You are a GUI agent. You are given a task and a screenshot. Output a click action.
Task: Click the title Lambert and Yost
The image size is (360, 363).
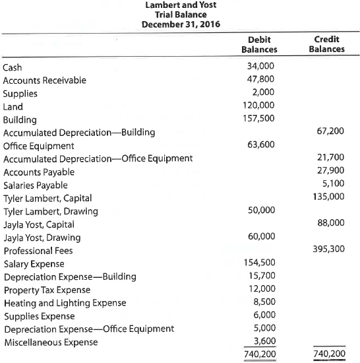(181, 5)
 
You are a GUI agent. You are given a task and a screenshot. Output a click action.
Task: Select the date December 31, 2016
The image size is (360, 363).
(181, 24)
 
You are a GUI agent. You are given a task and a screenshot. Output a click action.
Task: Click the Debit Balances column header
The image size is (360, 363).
(259, 44)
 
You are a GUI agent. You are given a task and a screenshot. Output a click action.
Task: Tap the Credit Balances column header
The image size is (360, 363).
(327, 44)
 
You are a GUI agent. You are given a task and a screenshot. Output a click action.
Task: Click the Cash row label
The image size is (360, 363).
(13, 68)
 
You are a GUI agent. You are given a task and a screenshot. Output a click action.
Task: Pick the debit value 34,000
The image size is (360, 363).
(261, 67)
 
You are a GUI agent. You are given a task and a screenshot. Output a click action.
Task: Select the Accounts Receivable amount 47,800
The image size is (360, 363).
(261, 81)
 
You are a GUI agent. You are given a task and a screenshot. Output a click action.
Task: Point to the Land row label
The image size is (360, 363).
(13, 107)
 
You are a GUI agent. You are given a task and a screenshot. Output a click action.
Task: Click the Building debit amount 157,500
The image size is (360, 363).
(258, 119)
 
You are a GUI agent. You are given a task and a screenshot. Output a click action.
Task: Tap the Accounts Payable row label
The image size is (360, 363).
(39, 172)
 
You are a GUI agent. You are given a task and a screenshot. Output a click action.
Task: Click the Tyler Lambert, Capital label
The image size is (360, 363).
(47, 198)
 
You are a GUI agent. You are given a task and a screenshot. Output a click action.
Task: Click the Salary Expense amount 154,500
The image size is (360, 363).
(258, 263)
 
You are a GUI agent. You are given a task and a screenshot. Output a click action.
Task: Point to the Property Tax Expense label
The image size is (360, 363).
(47, 290)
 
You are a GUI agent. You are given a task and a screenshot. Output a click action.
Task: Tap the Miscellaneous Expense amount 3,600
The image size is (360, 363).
(264, 341)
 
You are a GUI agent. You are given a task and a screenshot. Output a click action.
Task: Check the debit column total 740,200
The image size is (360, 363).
(258, 354)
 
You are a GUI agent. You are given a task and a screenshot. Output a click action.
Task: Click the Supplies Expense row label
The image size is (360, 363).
(39, 316)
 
